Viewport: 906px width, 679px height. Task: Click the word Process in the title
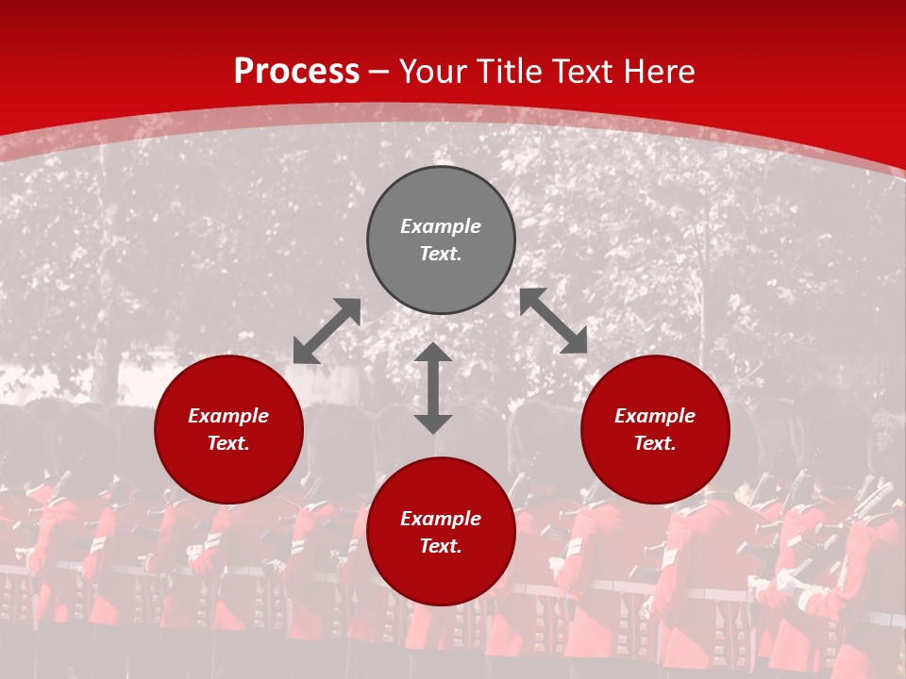click(296, 72)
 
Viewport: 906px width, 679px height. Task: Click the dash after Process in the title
click(379, 73)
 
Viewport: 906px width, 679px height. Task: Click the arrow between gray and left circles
click(327, 331)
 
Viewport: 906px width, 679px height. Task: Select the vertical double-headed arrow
click(433, 388)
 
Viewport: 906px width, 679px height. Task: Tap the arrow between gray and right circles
click(553, 322)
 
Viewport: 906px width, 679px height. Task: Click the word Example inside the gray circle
click(441, 226)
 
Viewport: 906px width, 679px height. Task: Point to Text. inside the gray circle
click(441, 254)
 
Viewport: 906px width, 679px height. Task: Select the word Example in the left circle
click(228, 416)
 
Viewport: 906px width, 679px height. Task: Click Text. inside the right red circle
click(655, 443)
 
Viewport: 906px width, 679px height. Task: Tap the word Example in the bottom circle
click(441, 519)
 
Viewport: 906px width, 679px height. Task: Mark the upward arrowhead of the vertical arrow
click(433, 353)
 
